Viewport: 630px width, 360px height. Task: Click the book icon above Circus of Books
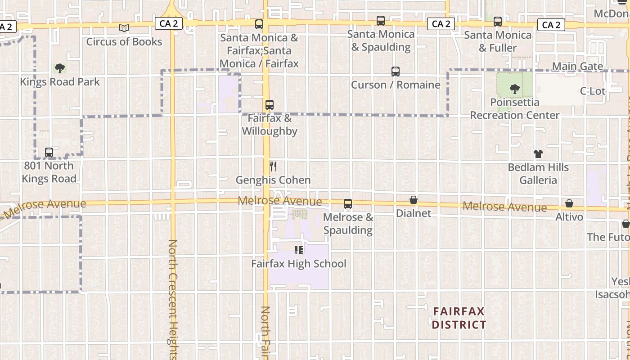[124, 28]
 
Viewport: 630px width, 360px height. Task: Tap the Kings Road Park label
[60, 82]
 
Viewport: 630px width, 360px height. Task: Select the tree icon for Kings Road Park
[59, 68]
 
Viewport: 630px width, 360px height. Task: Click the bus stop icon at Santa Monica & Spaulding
[381, 21]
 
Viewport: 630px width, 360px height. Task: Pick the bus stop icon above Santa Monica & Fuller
[498, 22]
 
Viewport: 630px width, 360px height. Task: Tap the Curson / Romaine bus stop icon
[396, 72]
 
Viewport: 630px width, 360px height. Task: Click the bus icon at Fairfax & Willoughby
[270, 105]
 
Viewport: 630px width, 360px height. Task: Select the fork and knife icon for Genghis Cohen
[273, 166]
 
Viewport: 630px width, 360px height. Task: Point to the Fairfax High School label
[299, 264]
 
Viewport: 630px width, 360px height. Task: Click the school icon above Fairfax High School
[299, 250]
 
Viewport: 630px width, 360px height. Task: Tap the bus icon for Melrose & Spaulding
[348, 204]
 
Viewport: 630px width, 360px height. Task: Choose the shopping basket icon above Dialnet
[414, 200]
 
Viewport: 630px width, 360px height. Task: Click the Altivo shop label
[569, 217]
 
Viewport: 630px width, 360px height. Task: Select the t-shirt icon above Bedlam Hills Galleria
[538, 154]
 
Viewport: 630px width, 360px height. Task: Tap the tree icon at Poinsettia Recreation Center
[515, 89]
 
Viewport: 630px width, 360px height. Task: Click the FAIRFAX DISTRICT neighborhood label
[459, 318]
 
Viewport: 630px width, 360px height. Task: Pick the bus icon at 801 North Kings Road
[49, 153]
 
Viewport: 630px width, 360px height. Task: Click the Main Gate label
[577, 67]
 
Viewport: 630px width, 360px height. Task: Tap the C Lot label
[593, 91]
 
